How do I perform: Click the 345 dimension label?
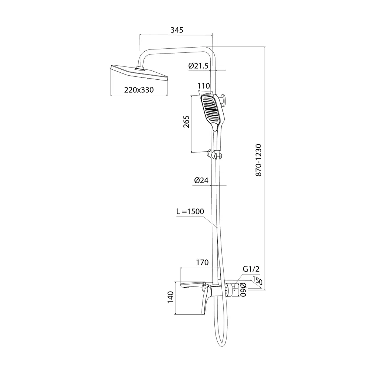tap(177, 30)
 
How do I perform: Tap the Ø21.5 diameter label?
tap(199, 66)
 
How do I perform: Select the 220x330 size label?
tap(139, 90)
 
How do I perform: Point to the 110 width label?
tap(204, 86)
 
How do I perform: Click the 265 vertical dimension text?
tap(186, 122)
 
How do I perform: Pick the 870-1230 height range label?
tap(258, 160)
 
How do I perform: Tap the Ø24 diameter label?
tap(201, 180)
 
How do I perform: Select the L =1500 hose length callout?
tap(190, 211)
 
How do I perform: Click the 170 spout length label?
tap(202, 262)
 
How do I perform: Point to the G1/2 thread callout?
tap(251, 269)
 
